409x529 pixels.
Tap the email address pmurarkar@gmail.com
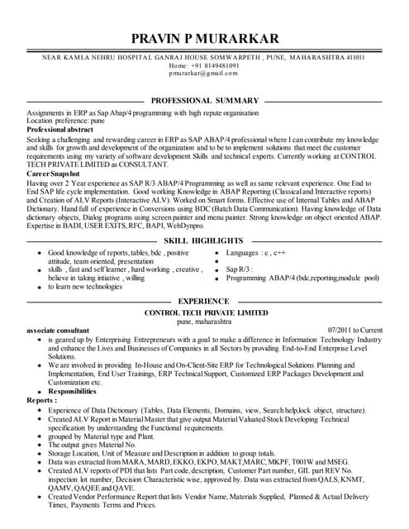[203, 73]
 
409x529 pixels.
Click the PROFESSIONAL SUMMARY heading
[205, 100]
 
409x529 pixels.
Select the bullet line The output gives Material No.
[98, 445]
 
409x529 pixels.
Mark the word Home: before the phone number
[179, 64]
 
